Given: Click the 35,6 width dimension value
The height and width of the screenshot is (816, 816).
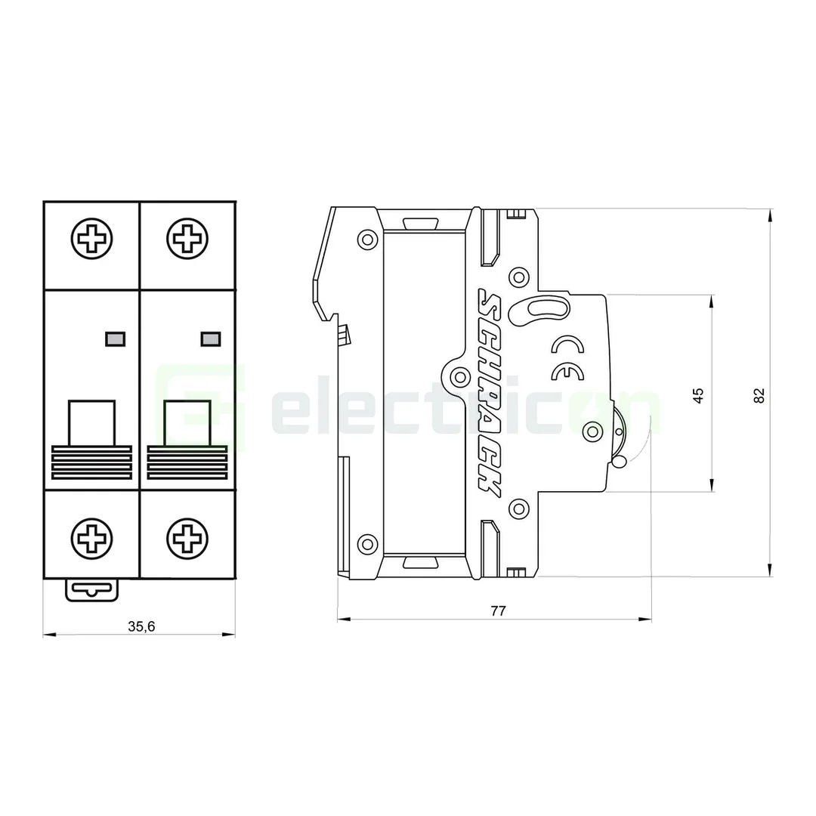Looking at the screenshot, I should pos(141,626).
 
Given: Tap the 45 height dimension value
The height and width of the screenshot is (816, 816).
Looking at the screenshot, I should pos(699,394).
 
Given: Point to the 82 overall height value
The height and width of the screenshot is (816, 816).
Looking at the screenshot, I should pos(759,394).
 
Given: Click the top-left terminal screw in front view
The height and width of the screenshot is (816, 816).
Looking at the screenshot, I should pos(92,240).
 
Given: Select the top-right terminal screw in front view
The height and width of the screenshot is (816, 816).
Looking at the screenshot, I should pos(186,240).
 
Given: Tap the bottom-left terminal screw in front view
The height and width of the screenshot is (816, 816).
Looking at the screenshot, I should pos(92,538).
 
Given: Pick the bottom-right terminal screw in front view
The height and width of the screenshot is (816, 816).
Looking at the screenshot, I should pos(186,538).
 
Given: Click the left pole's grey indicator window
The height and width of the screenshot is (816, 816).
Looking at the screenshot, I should pos(116,339).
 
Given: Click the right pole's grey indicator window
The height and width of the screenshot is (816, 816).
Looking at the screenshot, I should pos(210,339).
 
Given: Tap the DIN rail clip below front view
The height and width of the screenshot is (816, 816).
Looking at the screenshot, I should pos(92,590).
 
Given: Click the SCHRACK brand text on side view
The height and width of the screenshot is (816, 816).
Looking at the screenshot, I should pos(487,393).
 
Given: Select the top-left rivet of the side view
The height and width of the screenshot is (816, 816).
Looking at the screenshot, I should pos(367,240).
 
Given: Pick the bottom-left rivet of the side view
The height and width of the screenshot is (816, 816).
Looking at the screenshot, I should pos(367,543).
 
